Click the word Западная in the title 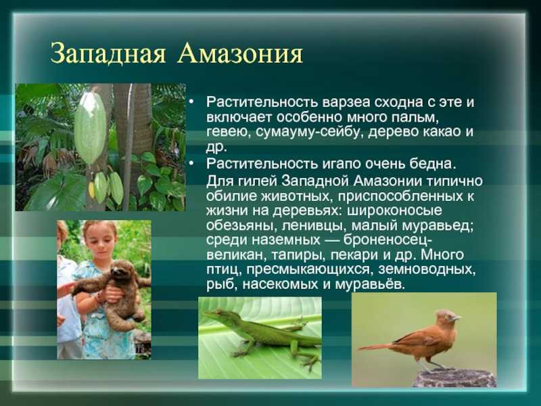(x=108, y=54)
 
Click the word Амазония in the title (x=241, y=54)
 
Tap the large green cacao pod (x=91, y=127)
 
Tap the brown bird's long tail (x=377, y=346)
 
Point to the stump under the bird (x=454, y=378)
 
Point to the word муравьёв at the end (x=369, y=285)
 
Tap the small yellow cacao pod (x=91, y=189)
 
